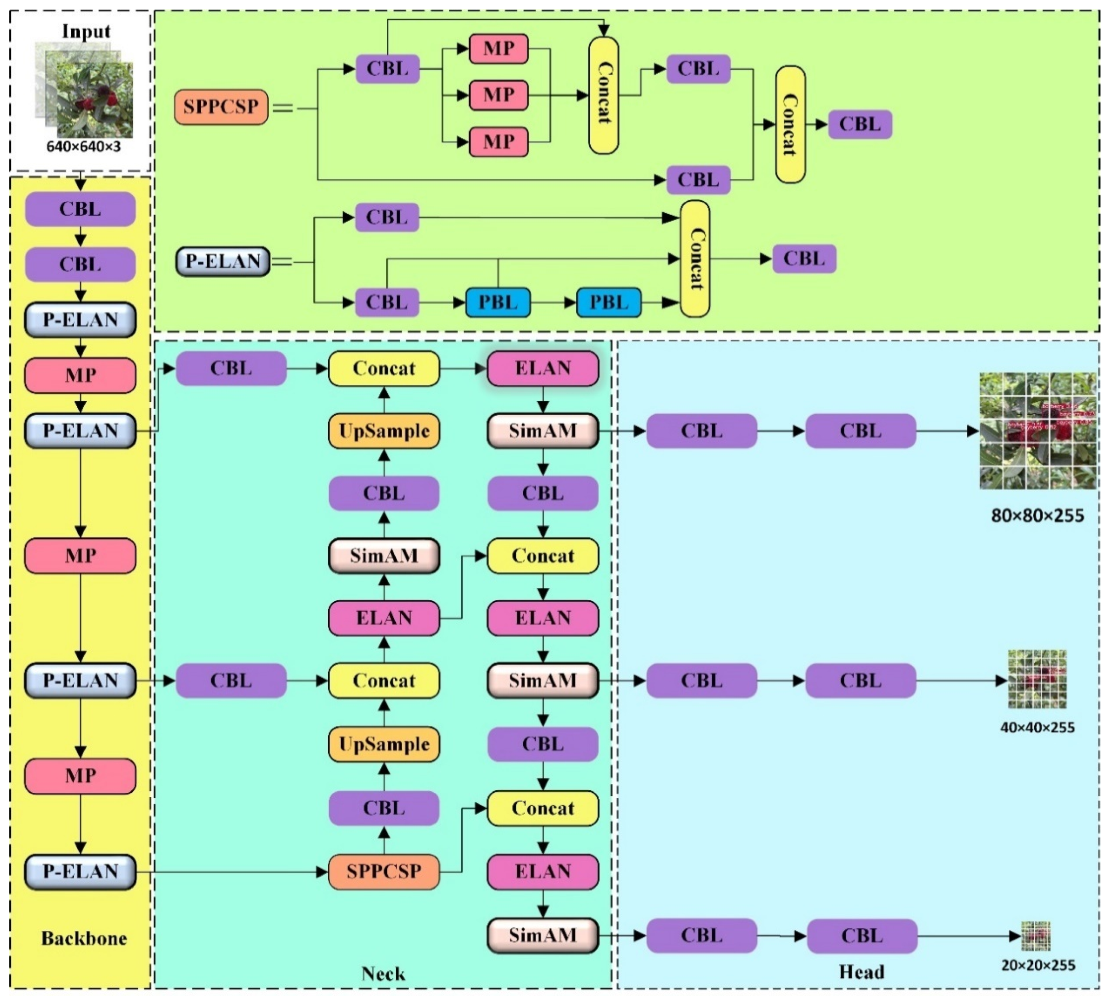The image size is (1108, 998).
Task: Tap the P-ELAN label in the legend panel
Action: [x=223, y=262]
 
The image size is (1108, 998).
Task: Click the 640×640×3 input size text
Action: [x=83, y=147]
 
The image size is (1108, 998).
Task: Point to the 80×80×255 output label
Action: [x=1037, y=516]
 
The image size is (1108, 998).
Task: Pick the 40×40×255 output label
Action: [x=1037, y=728]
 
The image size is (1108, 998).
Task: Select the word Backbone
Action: [x=84, y=938]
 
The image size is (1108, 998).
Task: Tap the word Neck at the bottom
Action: [x=383, y=974]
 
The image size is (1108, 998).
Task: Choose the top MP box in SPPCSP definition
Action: [x=498, y=49]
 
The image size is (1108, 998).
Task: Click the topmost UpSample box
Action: [x=384, y=431]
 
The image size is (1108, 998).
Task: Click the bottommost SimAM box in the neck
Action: [x=543, y=935]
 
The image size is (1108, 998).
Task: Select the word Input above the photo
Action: [x=86, y=31]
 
